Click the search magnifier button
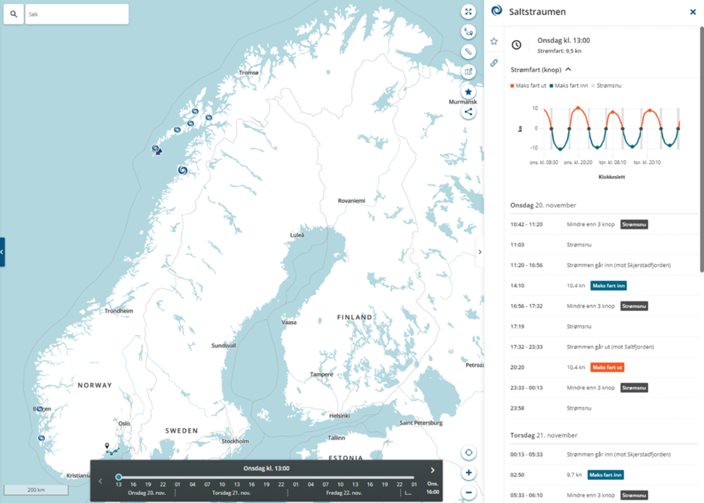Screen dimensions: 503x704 pyautogui.click(x=14, y=14)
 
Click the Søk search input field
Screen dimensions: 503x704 pyautogui.click(x=77, y=14)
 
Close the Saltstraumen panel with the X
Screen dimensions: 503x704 pyautogui.click(x=693, y=12)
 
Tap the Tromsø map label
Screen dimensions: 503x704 pyautogui.click(x=249, y=73)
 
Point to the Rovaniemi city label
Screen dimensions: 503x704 pyautogui.click(x=351, y=201)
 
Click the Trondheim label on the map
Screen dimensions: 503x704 pyautogui.click(x=119, y=311)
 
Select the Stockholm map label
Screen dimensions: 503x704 pyautogui.click(x=235, y=441)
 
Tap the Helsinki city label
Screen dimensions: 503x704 pyautogui.click(x=339, y=416)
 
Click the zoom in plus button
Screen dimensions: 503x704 pyautogui.click(x=468, y=473)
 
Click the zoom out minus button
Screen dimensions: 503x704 pyautogui.click(x=468, y=493)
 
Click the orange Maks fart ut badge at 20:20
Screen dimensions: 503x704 pyautogui.click(x=607, y=367)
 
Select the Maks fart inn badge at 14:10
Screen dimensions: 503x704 pyautogui.click(x=608, y=286)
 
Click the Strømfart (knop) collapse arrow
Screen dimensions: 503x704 pyautogui.click(x=568, y=69)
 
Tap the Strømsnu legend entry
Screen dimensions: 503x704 pyautogui.click(x=608, y=86)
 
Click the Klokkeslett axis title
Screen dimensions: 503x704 pyautogui.click(x=611, y=177)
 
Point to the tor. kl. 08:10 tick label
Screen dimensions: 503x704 pyautogui.click(x=613, y=163)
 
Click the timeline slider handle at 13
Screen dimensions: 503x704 pyautogui.click(x=119, y=477)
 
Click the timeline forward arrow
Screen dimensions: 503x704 pyautogui.click(x=432, y=470)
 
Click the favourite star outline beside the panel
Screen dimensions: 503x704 pyautogui.click(x=494, y=41)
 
